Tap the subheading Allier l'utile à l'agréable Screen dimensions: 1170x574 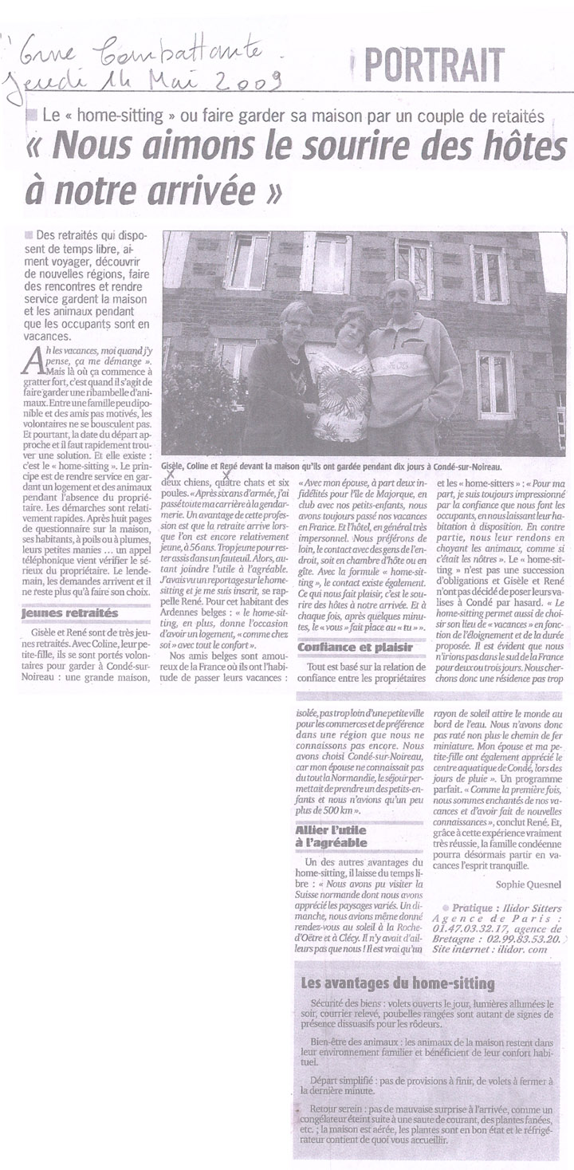[332, 835]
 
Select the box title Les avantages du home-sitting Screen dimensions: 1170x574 [398, 983]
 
